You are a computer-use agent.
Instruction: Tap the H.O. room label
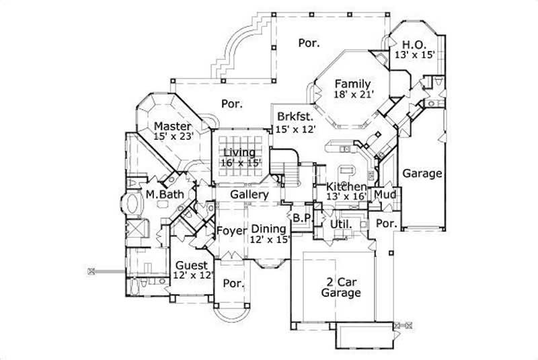point(414,44)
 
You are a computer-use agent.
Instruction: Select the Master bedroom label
point(172,126)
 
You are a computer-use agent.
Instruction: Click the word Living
point(239,152)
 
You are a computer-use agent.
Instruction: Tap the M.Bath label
point(161,194)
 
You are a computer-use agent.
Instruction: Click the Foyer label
point(231,231)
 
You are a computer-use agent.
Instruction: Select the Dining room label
point(269,229)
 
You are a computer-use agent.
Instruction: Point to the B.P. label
point(301,217)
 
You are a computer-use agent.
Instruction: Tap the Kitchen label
point(346,186)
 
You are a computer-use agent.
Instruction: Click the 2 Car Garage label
point(340,287)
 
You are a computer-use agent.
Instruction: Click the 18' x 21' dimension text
point(354,96)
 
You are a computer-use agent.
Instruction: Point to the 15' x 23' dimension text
point(174,136)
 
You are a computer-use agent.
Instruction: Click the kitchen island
point(348,169)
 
